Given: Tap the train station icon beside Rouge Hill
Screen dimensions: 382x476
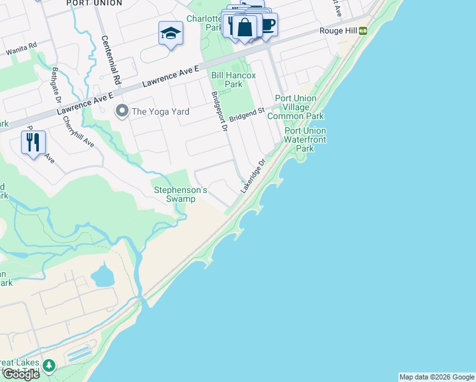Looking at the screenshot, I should tap(363, 31).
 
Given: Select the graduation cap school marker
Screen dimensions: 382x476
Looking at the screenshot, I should tap(171, 32).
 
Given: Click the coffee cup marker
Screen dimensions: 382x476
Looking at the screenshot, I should tap(267, 25).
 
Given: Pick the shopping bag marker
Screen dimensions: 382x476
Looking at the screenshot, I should tap(244, 28).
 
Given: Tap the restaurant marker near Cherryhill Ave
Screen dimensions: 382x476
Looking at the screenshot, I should tap(33, 141).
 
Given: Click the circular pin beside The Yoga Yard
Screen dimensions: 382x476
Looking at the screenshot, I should tap(122, 111).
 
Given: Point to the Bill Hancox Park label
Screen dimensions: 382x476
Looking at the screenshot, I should tap(234, 80).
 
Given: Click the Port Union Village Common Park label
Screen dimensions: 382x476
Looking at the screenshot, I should tap(295, 107).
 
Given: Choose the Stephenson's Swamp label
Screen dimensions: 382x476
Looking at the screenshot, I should tap(181, 194).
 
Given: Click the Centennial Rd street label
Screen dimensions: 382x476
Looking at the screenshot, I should tap(111, 60).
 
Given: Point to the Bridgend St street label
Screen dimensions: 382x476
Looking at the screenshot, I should tap(247, 115).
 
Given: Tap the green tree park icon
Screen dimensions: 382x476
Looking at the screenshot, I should tap(49, 366).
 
